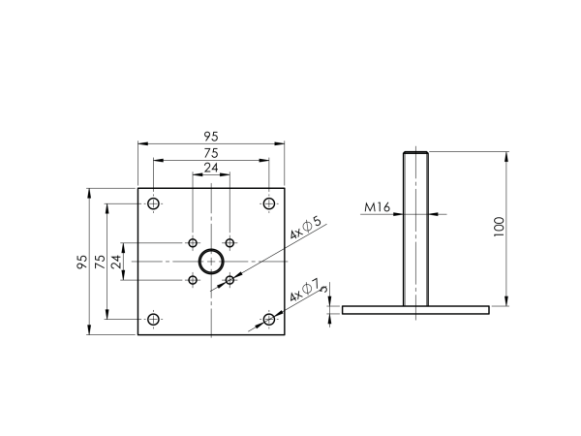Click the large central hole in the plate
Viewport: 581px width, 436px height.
point(211,262)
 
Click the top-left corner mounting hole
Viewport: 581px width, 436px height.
point(153,203)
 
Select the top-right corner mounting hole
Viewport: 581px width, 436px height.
point(269,203)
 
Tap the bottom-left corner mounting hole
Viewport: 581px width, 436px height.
point(153,320)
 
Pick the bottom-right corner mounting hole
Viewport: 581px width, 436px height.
point(269,320)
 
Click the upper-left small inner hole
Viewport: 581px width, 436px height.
point(193,242)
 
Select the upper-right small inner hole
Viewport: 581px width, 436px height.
point(229,242)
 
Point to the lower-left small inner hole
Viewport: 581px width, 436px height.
point(193,280)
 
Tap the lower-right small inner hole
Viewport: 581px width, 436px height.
point(229,280)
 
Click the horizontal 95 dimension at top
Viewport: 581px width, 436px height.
point(211,137)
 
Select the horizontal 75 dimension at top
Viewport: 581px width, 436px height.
point(211,153)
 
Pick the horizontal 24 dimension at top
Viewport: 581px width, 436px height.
point(211,169)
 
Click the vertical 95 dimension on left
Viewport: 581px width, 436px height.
point(82,262)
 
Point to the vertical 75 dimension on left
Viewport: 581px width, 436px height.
point(99,262)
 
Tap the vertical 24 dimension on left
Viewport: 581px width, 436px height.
point(115,262)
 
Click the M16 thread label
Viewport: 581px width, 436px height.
point(378,207)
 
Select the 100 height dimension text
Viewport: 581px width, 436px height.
point(499,229)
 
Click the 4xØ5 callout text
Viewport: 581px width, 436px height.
point(305,230)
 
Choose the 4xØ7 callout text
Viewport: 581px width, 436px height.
point(304,290)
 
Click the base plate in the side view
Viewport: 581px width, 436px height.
point(416,310)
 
